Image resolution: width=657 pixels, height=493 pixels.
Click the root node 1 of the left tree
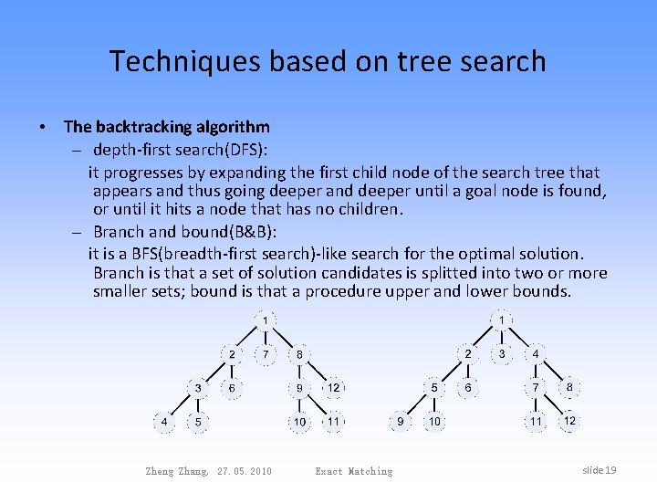coord(266,320)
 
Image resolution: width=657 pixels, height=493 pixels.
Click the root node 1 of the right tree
coord(502,320)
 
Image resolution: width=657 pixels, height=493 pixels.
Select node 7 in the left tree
coord(265,353)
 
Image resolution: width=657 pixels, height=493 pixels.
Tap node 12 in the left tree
coord(334,388)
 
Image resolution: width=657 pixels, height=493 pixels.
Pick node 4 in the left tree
coord(164,422)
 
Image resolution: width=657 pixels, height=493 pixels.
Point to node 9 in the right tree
coord(400,422)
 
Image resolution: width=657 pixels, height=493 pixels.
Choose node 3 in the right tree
coord(501,353)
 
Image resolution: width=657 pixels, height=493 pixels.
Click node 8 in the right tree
coord(569,387)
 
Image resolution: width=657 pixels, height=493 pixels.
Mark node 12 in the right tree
coord(569,421)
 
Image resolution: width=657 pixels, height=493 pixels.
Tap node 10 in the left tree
coord(299,422)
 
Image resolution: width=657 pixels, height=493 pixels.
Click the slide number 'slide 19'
coord(599,470)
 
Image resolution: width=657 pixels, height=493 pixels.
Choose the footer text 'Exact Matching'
coord(353,471)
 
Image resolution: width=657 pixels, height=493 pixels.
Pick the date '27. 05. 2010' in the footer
coord(245,471)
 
